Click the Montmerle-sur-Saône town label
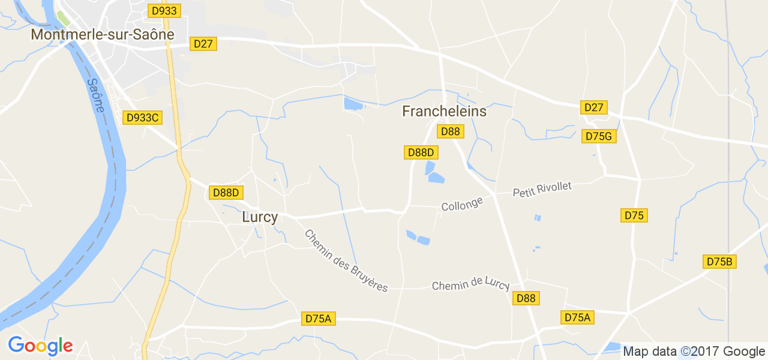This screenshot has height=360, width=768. click(x=103, y=35)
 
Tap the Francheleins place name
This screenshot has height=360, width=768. click(x=444, y=112)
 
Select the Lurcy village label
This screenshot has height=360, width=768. click(x=260, y=217)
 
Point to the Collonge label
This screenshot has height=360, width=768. click(x=462, y=205)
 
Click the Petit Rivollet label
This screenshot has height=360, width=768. click(x=542, y=190)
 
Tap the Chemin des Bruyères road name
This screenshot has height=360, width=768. click(x=346, y=261)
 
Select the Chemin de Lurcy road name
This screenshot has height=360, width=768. click(x=470, y=285)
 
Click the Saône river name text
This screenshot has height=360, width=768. click(x=95, y=95)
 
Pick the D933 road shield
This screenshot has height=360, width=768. click(x=164, y=11)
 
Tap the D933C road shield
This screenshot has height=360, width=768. click(x=142, y=118)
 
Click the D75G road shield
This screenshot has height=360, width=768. click(x=599, y=136)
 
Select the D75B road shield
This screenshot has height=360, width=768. click(x=720, y=262)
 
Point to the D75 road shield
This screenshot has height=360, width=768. click(x=634, y=215)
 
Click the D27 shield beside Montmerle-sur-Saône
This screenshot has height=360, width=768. click(x=203, y=44)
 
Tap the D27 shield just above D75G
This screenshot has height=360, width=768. click(x=594, y=107)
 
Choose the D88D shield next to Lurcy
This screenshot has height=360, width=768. click(x=226, y=193)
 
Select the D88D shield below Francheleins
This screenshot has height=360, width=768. click(x=421, y=152)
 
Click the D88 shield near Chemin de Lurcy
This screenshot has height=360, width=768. click(x=526, y=298)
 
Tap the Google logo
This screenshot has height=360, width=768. click(x=40, y=346)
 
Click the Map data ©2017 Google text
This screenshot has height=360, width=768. click(x=694, y=352)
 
